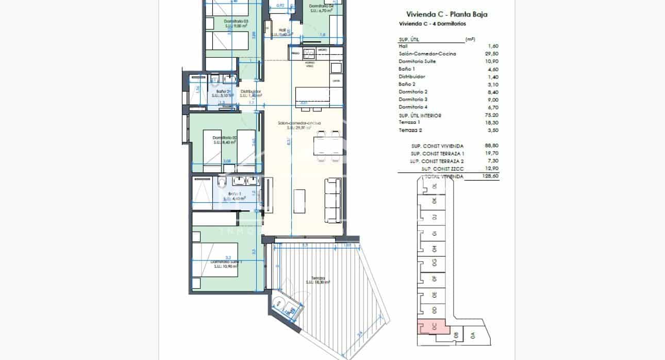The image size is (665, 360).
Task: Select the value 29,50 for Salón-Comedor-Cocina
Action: point(492,54)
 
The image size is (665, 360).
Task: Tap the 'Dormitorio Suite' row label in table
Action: point(417,61)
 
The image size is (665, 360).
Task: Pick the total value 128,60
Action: point(492,176)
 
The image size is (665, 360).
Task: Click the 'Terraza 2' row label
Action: point(410,130)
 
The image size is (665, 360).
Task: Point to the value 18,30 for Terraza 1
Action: point(492,123)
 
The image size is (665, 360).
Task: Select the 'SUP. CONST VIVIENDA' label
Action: point(437,146)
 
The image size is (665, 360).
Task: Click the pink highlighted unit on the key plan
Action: point(432,326)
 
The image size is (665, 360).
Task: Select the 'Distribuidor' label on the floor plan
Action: point(251,92)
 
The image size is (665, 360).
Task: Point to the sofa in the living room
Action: point(332,200)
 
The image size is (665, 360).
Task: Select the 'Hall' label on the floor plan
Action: point(282,30)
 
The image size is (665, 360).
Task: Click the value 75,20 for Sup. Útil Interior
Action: point(492,116)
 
